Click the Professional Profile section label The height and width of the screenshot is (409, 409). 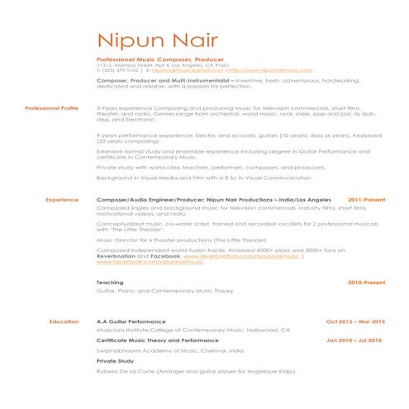tap(51, 108)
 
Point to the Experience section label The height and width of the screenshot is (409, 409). tap(62, 200)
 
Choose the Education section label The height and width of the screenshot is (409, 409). tap(64, 321)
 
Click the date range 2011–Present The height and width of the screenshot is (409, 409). tap(366, 200)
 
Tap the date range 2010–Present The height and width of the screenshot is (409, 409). tap(366, 283)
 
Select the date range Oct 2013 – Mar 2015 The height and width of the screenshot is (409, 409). tap(355, 321)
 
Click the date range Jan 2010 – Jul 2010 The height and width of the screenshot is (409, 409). tap(354, 340)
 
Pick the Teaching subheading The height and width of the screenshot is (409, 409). tap(110, 283)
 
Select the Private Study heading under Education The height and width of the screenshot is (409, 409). tap(116, 361)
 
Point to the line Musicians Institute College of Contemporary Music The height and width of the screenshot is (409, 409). tap(193, 330)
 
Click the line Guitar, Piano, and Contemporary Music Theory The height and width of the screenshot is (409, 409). tap(165, 291)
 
